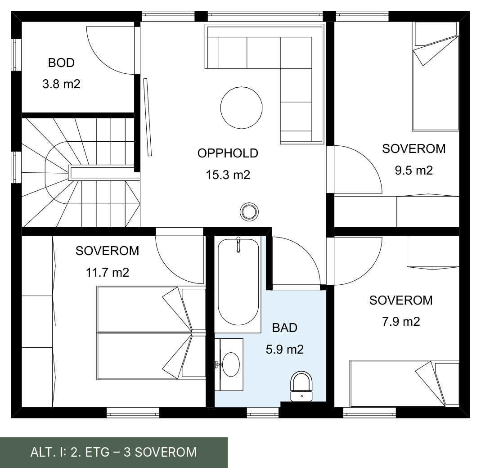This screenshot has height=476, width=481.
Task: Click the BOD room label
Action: point(61,63)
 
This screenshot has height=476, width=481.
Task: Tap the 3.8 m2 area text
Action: point(61,84)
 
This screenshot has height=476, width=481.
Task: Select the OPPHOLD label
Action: point(228,153)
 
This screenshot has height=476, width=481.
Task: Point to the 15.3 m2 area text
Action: point(228,175)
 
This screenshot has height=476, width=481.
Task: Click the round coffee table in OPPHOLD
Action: point(242,108)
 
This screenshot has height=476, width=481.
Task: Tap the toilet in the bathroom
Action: point(301,386)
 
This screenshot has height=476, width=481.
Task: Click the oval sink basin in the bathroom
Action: point(231,365)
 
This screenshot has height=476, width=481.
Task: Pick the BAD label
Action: point(285,328)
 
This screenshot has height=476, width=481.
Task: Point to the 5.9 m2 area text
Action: point(285,349)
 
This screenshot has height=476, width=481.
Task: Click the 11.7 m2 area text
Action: point(108,272)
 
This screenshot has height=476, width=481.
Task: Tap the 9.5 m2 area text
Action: point(414,170)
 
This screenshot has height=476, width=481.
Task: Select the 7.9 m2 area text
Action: point(401,322)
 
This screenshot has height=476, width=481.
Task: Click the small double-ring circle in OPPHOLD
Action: point(249,211)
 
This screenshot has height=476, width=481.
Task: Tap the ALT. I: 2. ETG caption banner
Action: point(114,453)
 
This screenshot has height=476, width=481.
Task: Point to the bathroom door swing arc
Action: point(307,251)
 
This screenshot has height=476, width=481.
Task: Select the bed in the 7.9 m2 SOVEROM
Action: point(405,384)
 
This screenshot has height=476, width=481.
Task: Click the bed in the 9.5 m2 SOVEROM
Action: point(435,76)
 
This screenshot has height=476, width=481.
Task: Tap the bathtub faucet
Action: point(238,244)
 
